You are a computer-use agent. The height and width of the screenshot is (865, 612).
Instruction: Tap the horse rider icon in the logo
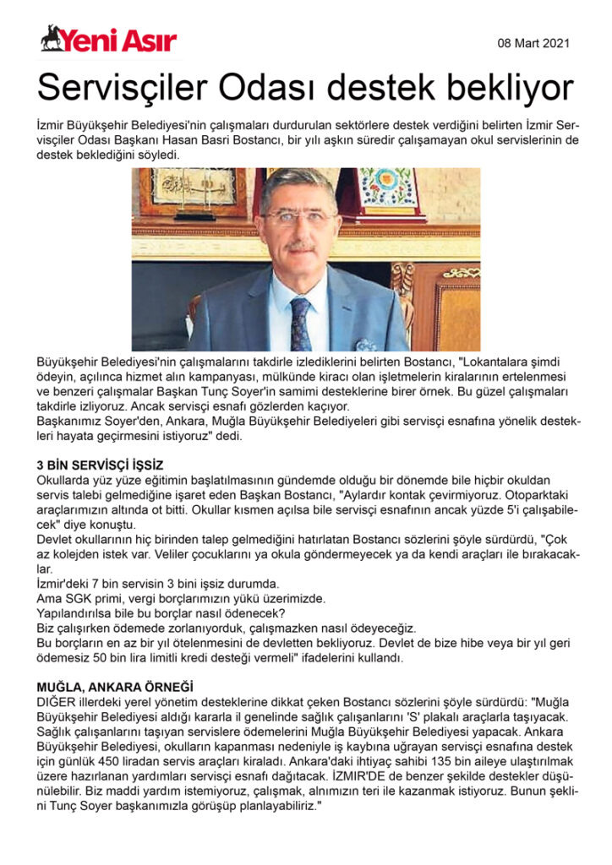tap(52, 37)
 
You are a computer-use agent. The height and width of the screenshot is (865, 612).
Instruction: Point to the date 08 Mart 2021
tap(534, 42)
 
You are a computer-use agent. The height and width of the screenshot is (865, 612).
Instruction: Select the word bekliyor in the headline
tap(503, 88)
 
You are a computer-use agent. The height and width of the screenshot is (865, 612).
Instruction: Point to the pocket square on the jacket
tap(365, 345)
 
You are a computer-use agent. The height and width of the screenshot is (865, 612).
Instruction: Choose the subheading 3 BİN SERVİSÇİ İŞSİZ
tap(100, 465)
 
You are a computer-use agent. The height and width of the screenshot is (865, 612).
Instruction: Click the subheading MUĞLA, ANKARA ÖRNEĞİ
tap(115, 688)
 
